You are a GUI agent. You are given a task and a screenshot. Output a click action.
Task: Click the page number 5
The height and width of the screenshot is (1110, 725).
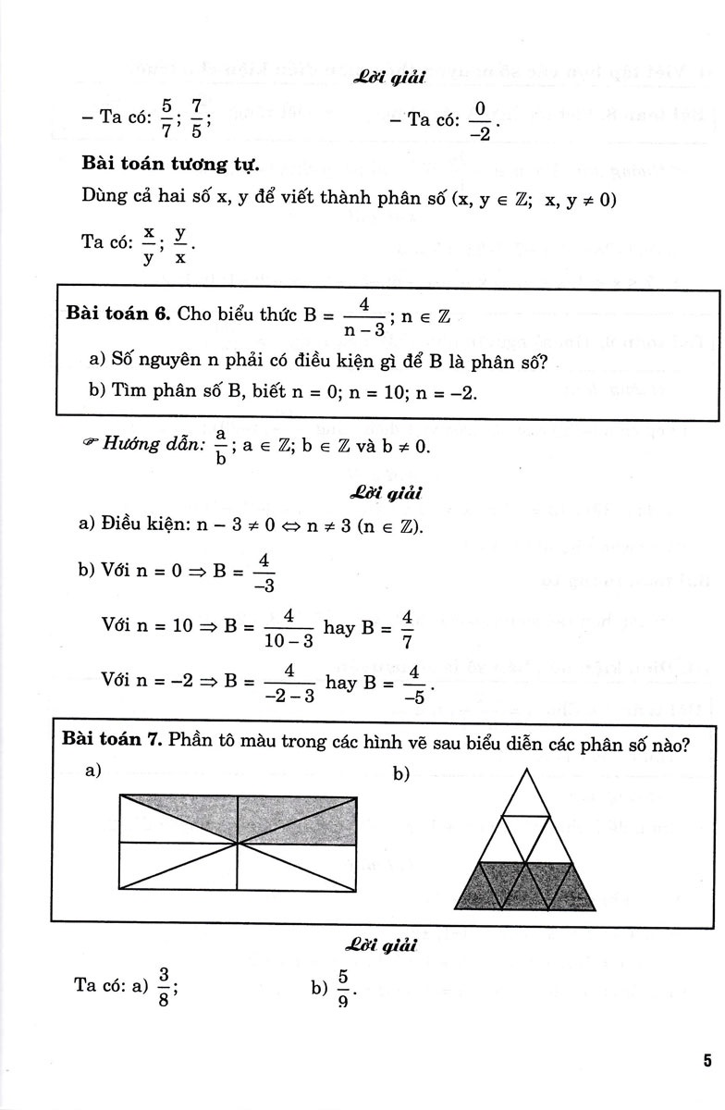tap(706, 1060)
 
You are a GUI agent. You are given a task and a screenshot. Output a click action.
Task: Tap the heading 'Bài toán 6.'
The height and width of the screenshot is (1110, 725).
tap(117, 314)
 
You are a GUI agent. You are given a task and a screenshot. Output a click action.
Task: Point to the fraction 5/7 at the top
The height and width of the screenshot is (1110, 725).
tap(166, 118)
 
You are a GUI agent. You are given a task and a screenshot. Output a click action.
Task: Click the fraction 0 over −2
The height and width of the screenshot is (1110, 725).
tap(479, 120)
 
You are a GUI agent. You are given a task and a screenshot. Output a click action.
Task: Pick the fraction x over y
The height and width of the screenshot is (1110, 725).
tap(148, 244)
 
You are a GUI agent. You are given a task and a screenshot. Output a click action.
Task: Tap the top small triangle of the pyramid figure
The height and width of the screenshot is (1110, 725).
tap(524, 791)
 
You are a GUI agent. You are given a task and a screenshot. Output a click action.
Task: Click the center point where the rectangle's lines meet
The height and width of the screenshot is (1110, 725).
tap(239, 843)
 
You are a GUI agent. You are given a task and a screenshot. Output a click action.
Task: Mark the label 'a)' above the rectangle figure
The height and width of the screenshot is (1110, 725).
tap(92, 770)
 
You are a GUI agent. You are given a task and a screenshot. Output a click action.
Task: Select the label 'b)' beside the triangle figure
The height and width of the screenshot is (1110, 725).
tap(400, 773)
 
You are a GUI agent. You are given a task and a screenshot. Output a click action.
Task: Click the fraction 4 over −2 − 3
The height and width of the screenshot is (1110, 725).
tap(289, 684)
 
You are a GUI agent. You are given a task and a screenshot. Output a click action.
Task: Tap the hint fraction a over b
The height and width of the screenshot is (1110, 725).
tap(220, 447)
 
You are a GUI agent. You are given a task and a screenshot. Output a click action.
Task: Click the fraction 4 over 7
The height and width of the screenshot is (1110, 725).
tap(407, 628)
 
